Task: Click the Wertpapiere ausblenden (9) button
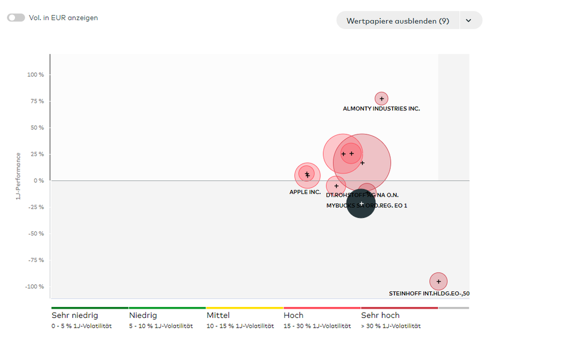[x=398, y=21]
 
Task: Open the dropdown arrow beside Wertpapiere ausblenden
[x=469, y=21]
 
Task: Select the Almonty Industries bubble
[x=381, y=99]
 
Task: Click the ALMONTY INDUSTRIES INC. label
[x=381, y=108]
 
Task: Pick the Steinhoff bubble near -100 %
[x=439, y=282]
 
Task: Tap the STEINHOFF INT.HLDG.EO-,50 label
[x=429, y=294]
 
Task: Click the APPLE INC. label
[x=305, y=192]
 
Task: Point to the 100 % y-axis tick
[x=36, y=75]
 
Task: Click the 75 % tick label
[x=37, y=102]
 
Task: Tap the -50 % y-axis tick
[x=36, y=234]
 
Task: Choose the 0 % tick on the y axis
[x=39, y=181]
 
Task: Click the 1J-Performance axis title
[x=19, y=176]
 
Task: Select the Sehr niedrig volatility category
[x=74, y=316]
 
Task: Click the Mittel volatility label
[x=218, y=316]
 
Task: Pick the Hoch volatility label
[x=293, y=316]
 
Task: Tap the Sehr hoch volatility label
[x=380, y=316]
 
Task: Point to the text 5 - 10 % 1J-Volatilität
[x=160, y=326]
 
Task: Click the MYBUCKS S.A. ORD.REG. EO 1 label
[x=366, y=205]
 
